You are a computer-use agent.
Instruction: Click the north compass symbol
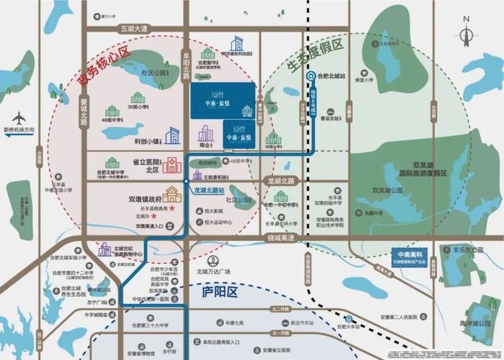(x=466, y=31)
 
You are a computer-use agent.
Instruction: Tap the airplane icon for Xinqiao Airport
(x=19, y=118)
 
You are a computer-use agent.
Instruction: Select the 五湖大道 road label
(x=131, y=28)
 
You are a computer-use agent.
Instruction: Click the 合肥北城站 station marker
(x=311, y=75)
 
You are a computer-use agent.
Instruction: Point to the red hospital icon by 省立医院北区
(x=171, y=166)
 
